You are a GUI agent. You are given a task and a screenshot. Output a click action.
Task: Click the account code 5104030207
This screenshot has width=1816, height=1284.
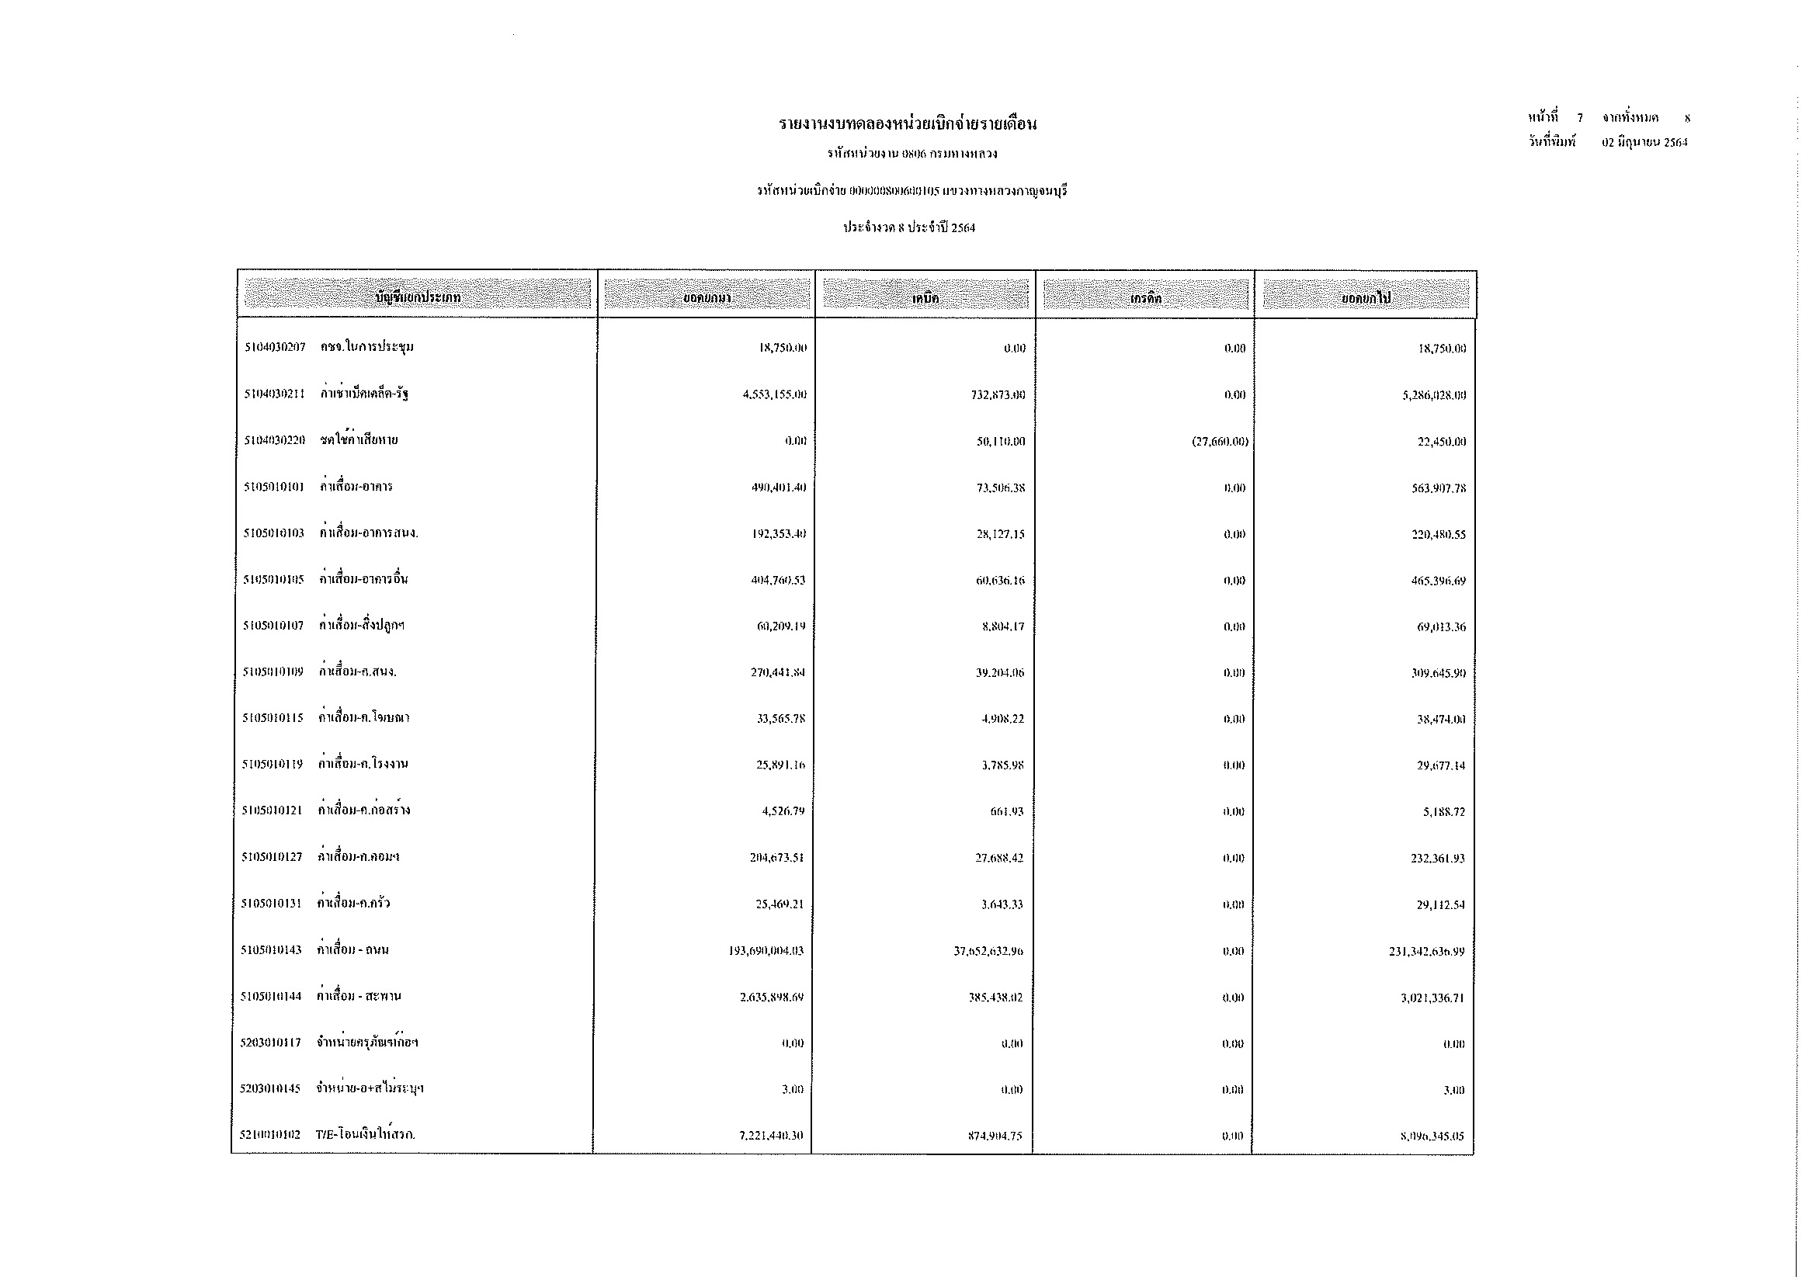[274, 348]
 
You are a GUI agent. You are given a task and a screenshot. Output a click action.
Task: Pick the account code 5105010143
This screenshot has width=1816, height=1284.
[271, 950]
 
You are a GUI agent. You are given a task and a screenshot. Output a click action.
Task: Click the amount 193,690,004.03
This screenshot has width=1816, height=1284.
[766, 951]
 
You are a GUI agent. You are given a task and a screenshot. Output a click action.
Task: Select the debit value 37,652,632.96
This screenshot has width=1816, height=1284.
[988, 951]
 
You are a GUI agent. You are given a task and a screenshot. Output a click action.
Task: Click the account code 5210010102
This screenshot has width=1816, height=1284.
[270, 1136]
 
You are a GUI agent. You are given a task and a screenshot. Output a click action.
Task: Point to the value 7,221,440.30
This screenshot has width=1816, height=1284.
[770, 1137]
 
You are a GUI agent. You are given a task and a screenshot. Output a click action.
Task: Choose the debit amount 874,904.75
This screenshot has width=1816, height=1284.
[995, 1137]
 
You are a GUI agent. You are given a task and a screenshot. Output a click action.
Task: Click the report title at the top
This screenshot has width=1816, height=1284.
[907, 124]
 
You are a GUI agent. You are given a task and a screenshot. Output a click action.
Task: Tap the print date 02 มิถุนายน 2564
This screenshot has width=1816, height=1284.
[1644, 143]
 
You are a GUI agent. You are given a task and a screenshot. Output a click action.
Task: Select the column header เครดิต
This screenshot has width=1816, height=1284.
[1145, 299]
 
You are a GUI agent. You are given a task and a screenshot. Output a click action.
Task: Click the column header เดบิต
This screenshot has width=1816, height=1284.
[925, 299]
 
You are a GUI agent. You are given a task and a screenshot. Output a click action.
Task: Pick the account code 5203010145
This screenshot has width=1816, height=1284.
[270, 1088]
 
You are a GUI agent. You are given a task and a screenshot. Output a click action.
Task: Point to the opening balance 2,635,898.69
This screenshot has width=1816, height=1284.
[771, 997]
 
